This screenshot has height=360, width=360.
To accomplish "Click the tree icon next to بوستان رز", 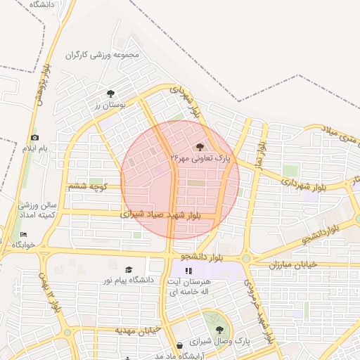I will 110,94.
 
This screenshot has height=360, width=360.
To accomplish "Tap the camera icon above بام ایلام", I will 35,138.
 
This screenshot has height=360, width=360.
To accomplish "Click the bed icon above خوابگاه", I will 24,234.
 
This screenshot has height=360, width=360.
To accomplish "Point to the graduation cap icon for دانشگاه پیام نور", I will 129,269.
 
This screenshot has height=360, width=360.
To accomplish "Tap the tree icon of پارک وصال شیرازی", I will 219,329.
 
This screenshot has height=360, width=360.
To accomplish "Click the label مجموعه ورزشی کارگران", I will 103,55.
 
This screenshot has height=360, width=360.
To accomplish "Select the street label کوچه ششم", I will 86,186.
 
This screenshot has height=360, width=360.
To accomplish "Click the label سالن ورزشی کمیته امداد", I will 29,209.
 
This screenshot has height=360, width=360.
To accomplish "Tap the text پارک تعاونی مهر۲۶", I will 200,160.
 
